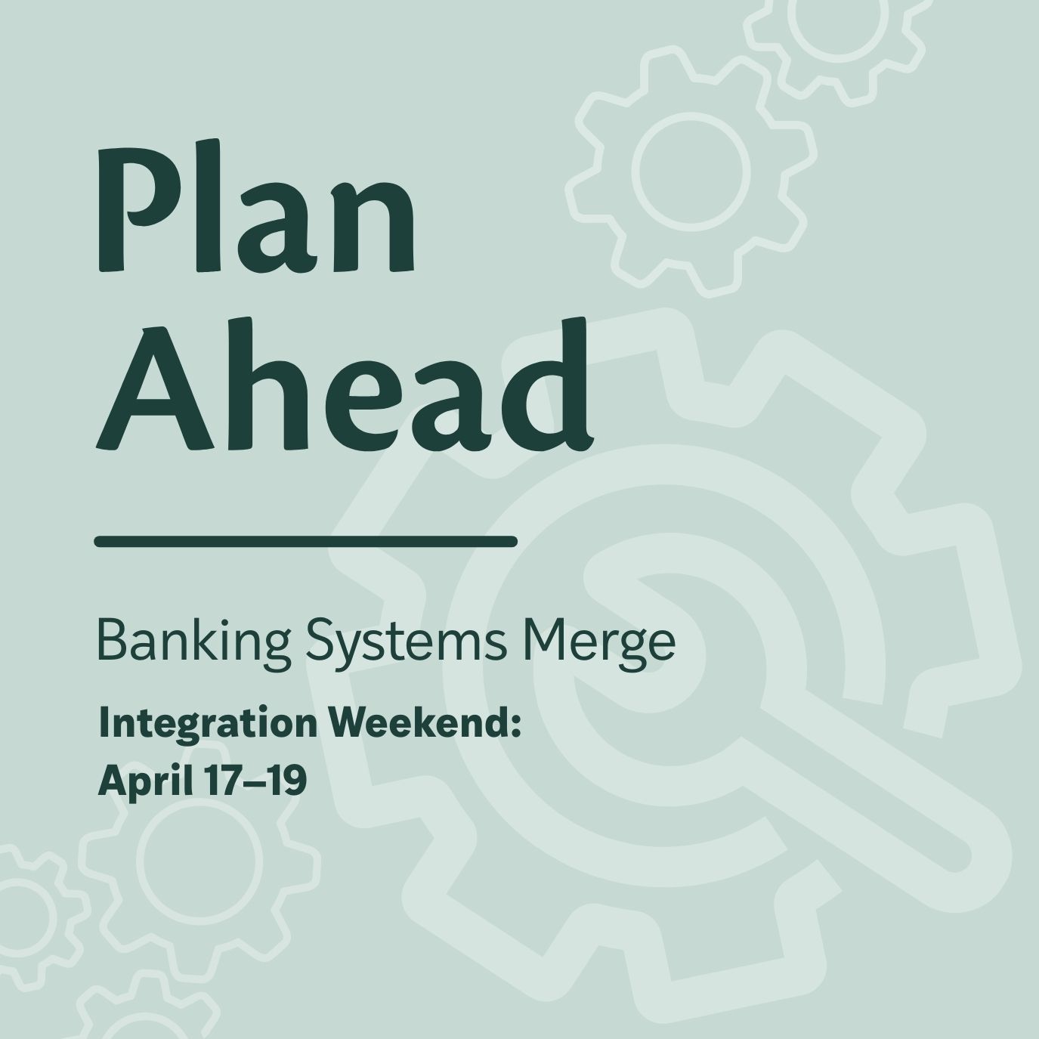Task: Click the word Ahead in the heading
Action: [345, 385]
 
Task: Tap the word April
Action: [144, 781]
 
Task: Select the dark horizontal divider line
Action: [305, 541]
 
